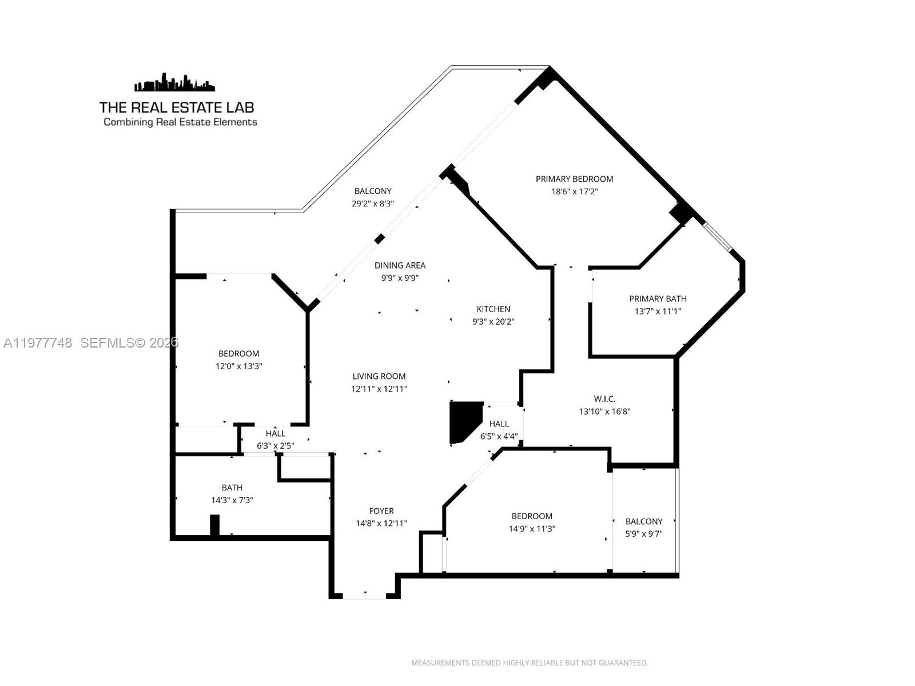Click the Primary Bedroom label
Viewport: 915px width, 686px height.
[574, 179]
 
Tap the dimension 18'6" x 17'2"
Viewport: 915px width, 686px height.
[574, 192]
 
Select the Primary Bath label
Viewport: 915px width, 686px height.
[658, 298]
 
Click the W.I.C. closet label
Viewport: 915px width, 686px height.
[604, 399]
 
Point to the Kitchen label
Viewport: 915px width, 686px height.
[493, 309]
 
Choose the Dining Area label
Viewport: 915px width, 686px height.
[400, 265]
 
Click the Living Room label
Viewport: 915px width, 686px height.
[379, 376]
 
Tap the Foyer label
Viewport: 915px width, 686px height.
[381, 511]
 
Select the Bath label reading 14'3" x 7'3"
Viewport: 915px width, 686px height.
[232, 488]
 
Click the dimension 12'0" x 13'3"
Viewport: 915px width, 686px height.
[238, 366]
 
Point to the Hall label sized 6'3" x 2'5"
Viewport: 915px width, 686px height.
[275, 434]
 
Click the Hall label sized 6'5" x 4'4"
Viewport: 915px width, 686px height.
[499, 424]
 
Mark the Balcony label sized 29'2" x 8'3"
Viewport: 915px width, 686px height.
[373, 192]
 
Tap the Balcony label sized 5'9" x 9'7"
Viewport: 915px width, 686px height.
[644, 521]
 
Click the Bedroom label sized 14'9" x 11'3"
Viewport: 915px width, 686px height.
[532, 516]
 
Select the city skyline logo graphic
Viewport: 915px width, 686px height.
[175, 83]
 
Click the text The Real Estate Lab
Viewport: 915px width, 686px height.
[177, 107]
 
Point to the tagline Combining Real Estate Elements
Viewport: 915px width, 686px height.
[180, 122]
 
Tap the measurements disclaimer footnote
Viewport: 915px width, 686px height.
[530, 663]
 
